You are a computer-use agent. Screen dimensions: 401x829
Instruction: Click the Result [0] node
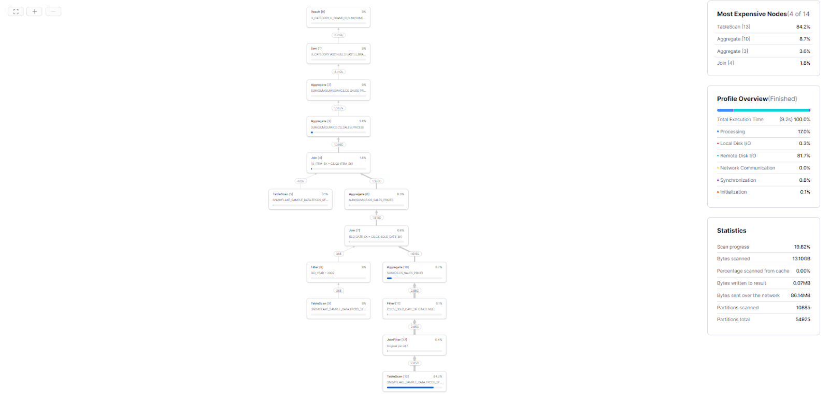click(x=338, y=17)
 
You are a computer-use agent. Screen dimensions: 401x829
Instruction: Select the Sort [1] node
click(x=338, y=53)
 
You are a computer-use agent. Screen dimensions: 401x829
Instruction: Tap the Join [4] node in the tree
click(x=338, y=163)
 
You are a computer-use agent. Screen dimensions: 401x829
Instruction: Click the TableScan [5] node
click(x=300, y=199)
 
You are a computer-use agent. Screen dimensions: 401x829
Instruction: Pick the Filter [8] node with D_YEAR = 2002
click(x=338, y=272)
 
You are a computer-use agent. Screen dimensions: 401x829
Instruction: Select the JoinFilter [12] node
click(x=414, y=345)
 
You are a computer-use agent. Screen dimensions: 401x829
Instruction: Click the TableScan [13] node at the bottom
click(x=414, y=381)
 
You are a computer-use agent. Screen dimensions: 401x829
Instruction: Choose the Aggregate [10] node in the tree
click(x=414, y=272)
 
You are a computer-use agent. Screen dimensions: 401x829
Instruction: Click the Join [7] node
click(x=376, y=236)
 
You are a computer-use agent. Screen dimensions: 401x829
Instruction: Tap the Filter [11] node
click(x=414, y=308)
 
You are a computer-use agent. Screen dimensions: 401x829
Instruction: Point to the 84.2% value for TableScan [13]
click(x=803, y=27)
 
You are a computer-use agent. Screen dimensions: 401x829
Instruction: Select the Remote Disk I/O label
click(x=738, y=155)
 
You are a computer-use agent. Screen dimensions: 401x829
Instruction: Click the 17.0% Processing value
click(x=804, y=132)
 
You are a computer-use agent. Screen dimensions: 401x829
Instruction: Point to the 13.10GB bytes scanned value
click(x=801, y=259)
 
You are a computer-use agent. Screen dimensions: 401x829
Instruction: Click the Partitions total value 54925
click(x=803, y=320)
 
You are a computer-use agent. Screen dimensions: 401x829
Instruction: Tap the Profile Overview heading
click(x=742, y=99)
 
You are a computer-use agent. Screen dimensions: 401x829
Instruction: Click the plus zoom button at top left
click(x=34, y=11)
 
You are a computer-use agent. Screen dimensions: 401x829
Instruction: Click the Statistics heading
click(x=732, y=231)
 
